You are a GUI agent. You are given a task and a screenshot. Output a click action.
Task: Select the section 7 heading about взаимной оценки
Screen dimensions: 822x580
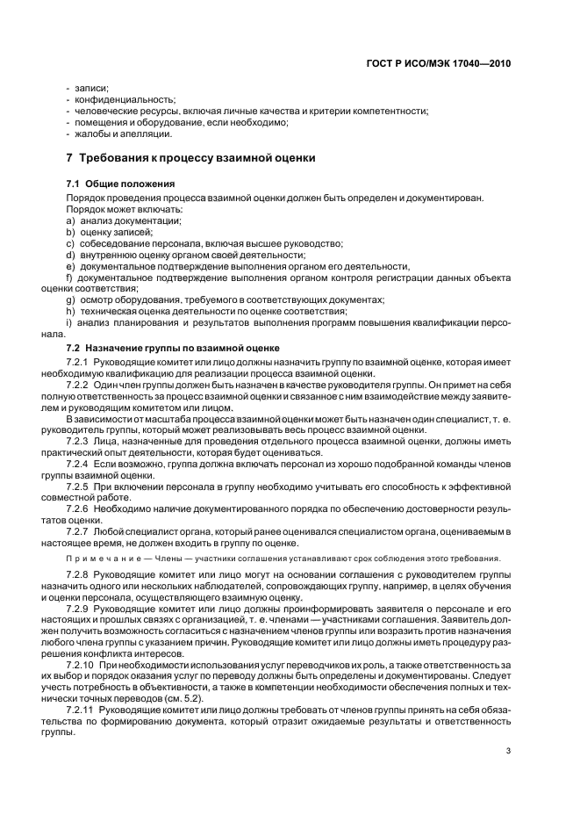point(185,158)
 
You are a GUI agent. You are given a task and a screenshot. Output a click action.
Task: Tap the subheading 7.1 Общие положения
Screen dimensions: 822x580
point(119,184)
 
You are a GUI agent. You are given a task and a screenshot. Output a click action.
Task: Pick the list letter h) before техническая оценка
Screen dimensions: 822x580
point(70,311)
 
